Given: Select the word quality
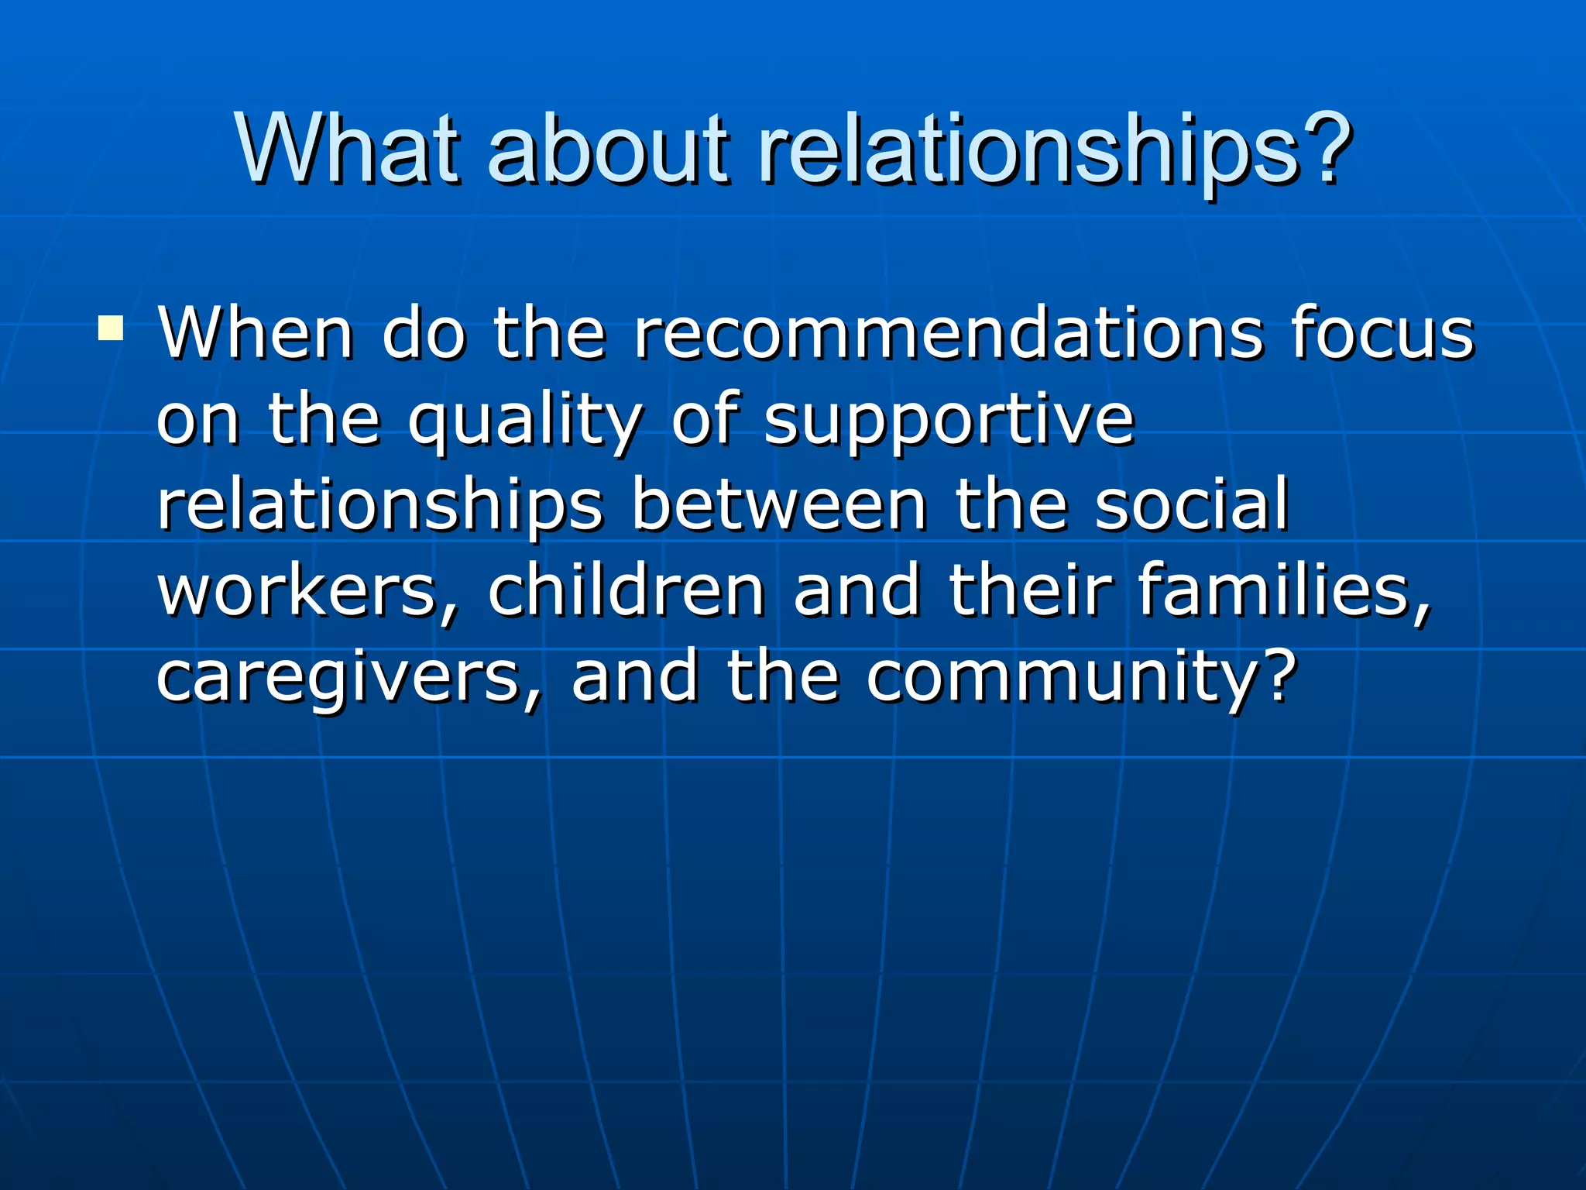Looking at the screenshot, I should click(x=524, y=422).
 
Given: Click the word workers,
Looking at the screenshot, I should click(x=307, y=593).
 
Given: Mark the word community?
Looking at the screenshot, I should click(x=1081, y=678).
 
